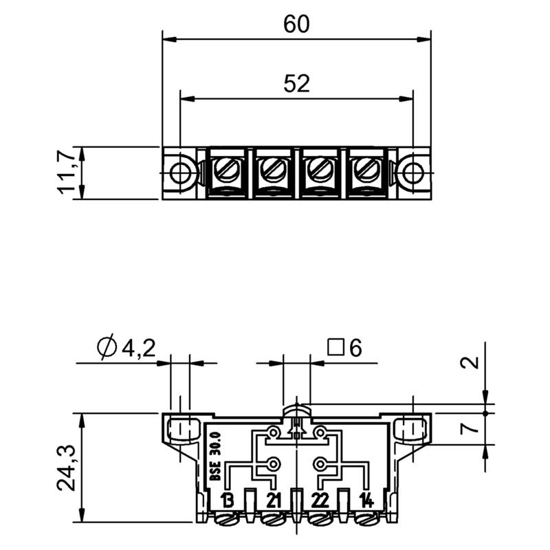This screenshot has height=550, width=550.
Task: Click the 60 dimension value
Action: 296,25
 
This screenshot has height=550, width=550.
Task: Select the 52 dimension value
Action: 297,84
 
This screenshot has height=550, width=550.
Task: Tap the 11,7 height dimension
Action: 66,173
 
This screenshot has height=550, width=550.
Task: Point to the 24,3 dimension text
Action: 66,468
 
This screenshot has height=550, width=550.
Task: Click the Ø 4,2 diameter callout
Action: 126,348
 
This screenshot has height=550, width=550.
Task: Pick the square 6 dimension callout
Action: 345,348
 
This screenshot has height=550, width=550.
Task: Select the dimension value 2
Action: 470,362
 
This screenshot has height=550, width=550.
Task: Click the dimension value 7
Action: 470,427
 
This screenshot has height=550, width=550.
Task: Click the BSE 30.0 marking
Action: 215,456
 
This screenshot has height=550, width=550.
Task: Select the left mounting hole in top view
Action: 179,173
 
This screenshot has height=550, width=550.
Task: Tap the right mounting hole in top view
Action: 413,173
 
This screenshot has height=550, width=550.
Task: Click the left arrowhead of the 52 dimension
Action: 187,99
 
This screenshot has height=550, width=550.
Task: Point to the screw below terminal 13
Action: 228,518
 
